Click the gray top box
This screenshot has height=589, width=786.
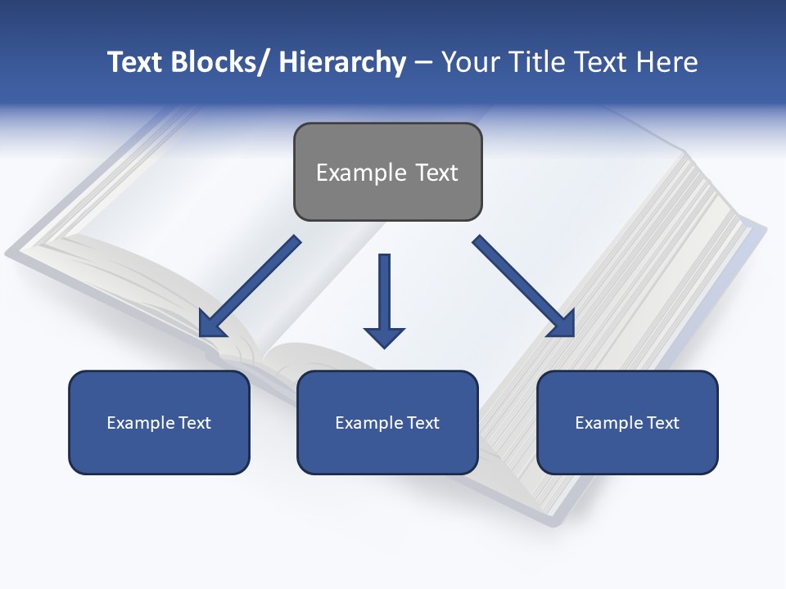tap(387, 172)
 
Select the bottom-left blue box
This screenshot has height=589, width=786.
tap(159, 422)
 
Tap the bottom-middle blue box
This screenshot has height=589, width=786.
tap(387, 422)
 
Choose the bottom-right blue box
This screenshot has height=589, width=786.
tap(627, 422)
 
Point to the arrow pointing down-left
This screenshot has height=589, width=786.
tap(251, 286)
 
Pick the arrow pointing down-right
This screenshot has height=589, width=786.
tap(524, 286)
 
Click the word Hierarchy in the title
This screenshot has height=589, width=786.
tap(342, 62)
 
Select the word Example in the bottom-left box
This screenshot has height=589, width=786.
tap(141, 423)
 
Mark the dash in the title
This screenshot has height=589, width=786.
tap(422, 63)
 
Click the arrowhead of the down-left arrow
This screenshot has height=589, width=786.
tap(211, 325)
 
